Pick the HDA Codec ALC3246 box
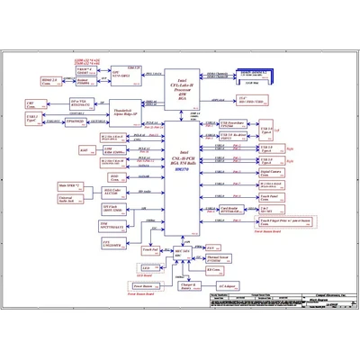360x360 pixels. tap(112, 191)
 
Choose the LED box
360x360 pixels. tap(147, 268)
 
